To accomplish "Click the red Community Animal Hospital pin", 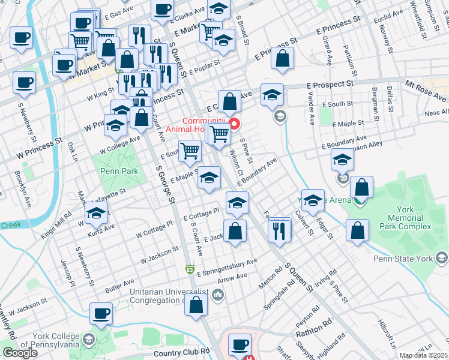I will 234,125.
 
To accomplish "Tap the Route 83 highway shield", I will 190,270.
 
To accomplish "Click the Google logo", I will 20,353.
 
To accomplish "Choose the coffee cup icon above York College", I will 101,313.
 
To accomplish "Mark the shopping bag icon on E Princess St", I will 282,58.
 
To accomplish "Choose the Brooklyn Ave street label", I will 23,190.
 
